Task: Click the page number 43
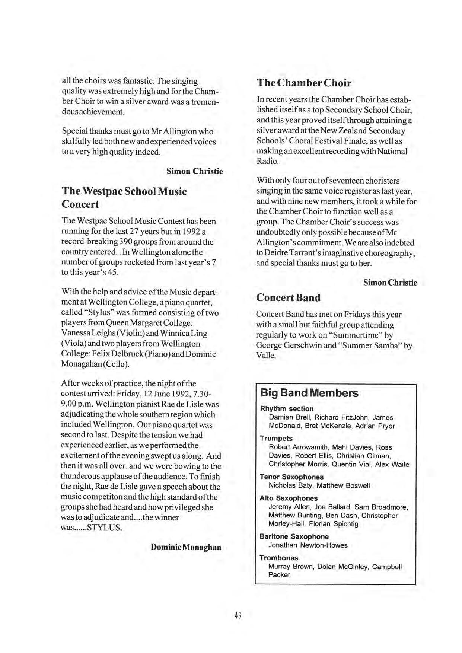[238, 615]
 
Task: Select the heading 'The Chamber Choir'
[304, 83]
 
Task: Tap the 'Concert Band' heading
[288, 298]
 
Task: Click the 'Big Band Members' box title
[309, 393]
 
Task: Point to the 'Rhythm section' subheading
[287, 409]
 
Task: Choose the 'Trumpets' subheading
[276, 439]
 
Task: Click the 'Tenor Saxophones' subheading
[291, 477]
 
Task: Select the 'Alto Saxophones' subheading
[289, 498]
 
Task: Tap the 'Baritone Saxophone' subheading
[294, 536]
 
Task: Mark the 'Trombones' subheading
[279, 558]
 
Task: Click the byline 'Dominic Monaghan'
[186, 547]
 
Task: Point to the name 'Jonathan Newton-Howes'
[308, 545]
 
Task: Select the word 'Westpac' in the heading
[102, 191]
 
